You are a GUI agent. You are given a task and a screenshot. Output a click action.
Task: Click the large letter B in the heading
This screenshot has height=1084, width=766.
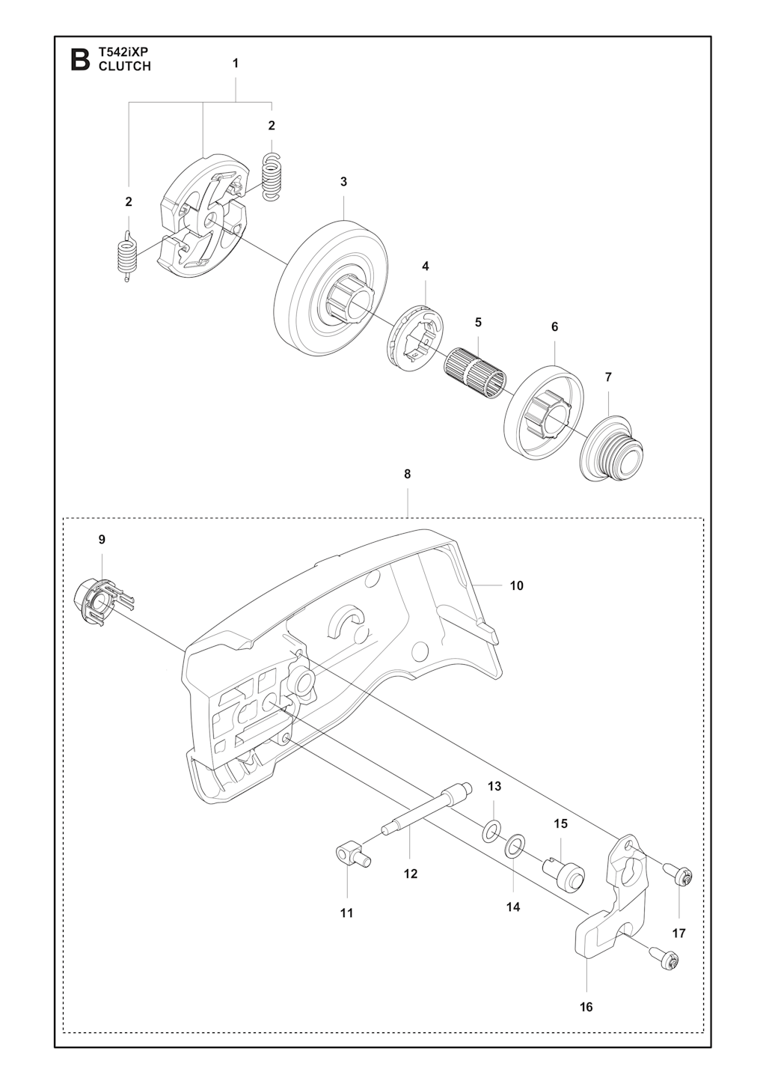pyautogui.click(x=80, y=60)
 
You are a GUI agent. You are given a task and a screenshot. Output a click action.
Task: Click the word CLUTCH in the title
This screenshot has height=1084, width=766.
pyautogui.click(x=125, y=67)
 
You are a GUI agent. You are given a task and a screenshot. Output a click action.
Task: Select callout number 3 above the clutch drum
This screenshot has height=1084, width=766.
pyautogui.click(x=343, y=182)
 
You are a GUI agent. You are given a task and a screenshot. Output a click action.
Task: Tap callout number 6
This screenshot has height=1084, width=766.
pyautogui.click(x=554, y=326)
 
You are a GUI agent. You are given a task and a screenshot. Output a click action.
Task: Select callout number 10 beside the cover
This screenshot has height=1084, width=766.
pyautogui.click(x=516, y=586)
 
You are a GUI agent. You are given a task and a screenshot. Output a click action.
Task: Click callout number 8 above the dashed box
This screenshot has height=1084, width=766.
pyautogui.click(x=407, y=475)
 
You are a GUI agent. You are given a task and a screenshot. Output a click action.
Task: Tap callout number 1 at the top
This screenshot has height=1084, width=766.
pyautogui.click(x=236, y=64)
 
